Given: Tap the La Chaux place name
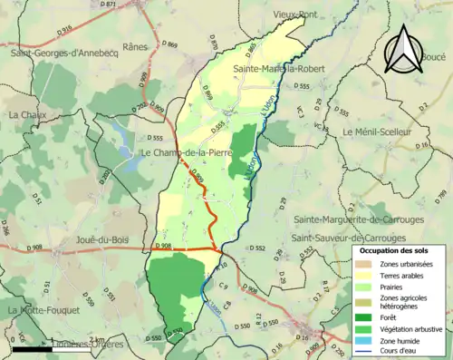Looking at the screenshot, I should (x=26, y=115).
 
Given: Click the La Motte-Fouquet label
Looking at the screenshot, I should (x=42, y=310).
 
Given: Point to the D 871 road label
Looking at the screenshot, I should (x=109, y=5).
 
